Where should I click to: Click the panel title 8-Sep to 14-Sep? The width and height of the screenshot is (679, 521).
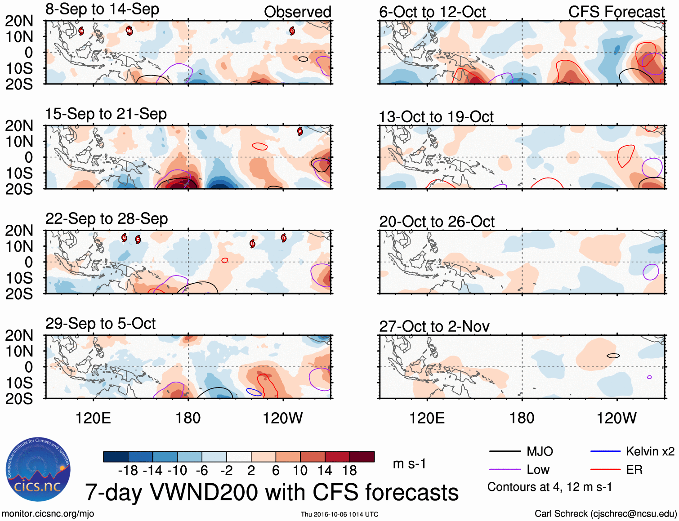(102, 9)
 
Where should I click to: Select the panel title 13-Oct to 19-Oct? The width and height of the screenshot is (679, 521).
(436, 117)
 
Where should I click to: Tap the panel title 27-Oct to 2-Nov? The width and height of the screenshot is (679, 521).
(434, 326)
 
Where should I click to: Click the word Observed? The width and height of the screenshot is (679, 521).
(298, 12)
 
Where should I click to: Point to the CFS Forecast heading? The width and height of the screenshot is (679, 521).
(616, 12)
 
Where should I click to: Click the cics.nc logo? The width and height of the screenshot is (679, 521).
(38, 469)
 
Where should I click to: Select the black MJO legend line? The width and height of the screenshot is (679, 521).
(505, 451)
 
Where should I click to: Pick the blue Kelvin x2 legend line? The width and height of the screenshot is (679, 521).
(605, 451)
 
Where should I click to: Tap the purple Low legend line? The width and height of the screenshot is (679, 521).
(505, 470)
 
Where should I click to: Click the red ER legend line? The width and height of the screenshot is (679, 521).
(605, 470)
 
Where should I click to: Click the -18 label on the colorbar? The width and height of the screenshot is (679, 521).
(128, 471)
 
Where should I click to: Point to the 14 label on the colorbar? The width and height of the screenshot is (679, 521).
(325, 471)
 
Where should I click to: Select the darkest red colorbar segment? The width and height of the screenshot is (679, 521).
(362, 457)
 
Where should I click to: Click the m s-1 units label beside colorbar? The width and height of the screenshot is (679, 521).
(409, 463)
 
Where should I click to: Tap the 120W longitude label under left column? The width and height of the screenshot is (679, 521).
(282, 419)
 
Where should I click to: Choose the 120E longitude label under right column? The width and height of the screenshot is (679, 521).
(427, 419)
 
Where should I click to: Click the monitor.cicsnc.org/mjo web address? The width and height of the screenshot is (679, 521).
(48, 514)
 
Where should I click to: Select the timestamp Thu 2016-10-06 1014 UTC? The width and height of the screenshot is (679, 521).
(339, 514)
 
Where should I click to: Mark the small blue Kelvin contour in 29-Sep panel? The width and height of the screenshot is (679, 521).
(254, 392)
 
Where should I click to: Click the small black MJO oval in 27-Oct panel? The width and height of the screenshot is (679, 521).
(613, 356)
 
